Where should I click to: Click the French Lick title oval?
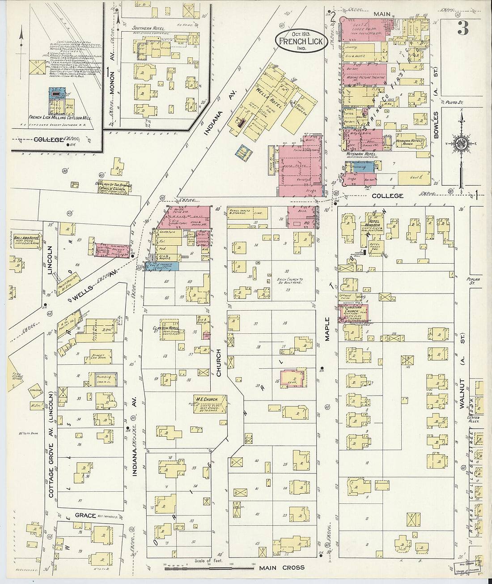click(x=301, y=41)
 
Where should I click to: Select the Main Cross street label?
click(x=282, y=568)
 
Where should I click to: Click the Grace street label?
click(x=85, y=516)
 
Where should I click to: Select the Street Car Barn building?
click(x=100, y=356)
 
